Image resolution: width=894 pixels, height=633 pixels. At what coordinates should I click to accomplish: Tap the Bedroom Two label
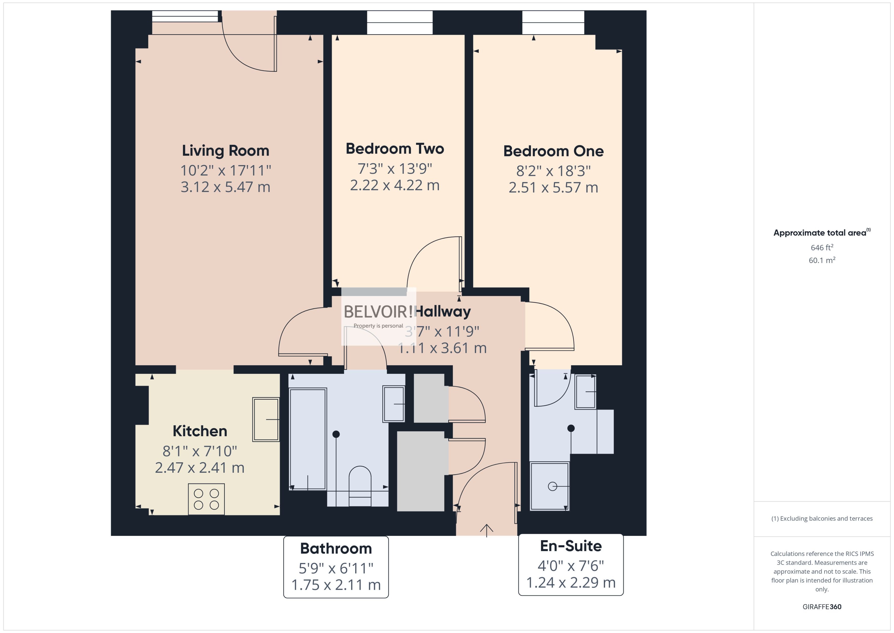[x=395, y=149]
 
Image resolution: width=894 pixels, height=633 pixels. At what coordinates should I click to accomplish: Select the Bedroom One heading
[x=553, y=151]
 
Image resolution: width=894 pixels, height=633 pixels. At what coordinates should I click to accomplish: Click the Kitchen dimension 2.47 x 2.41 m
[x=199, y=467]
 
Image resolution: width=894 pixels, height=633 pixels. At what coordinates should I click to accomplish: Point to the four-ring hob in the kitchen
[x=206, y=499]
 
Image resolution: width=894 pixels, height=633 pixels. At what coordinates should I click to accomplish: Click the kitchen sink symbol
[x=266, y=419]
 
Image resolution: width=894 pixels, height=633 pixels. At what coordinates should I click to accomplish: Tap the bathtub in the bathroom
[x=308, y=439]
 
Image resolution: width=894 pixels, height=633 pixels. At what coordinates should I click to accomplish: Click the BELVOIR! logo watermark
[x=378, y=312]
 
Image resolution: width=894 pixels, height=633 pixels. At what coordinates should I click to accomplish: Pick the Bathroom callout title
[x=336, y=548]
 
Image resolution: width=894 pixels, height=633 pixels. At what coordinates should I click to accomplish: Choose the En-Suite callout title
[x=571, y=546]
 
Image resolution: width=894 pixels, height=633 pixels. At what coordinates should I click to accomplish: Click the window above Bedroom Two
[x=400, y=22]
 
